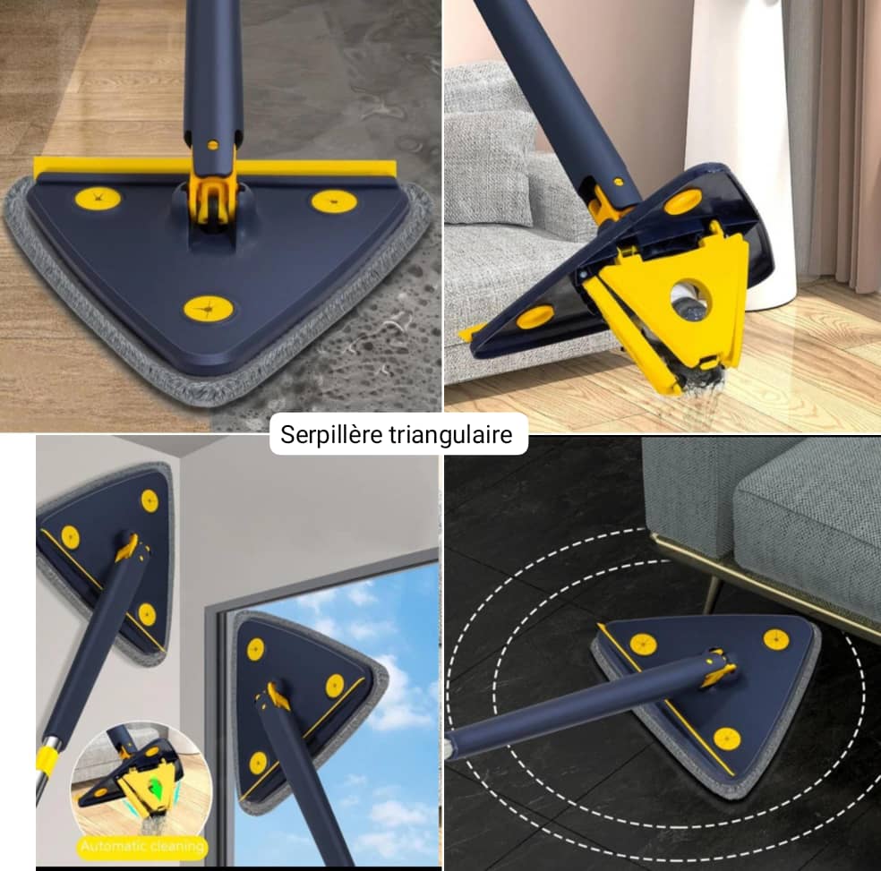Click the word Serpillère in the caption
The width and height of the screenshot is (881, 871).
click(x=323, y=434)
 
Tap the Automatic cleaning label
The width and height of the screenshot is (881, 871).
click(x=142, y=846)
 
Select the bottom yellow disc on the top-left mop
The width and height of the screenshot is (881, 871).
click(x=209, y=309)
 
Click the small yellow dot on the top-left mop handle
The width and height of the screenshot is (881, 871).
click(x=212, y=145)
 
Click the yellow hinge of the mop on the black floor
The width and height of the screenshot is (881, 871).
click(x=718, y=668)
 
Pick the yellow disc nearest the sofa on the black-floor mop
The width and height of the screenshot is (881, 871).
click(x=776, y=639)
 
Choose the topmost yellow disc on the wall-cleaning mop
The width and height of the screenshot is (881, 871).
click(x=150, y=500)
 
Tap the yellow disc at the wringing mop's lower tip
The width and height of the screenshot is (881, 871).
click(x=535, y=317)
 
